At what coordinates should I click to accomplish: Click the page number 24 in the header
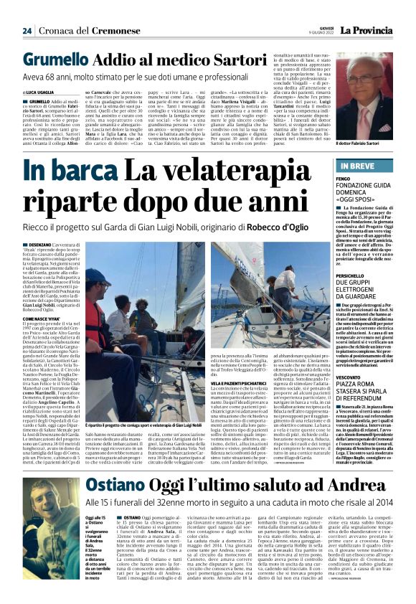[x=27, y=31]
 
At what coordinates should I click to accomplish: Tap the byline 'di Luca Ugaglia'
[x=42, y=93]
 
